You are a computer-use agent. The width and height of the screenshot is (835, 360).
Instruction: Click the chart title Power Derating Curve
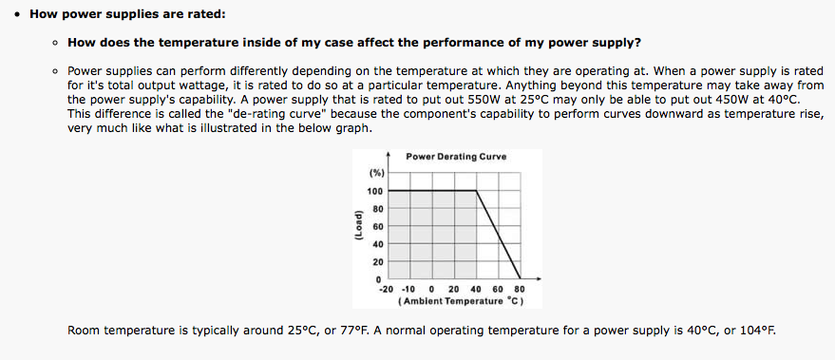(456, 157)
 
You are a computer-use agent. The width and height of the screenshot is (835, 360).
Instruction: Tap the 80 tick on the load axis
(378, 209)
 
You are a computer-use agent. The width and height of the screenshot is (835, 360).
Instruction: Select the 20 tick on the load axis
(378, 261)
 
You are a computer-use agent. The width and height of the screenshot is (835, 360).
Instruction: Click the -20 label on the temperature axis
(386, 289)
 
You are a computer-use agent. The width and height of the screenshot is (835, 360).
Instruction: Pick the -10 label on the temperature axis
(408, 289)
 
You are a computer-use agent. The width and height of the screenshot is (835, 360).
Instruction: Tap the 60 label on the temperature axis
(498, 289)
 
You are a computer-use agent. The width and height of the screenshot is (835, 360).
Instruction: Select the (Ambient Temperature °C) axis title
(461, 301)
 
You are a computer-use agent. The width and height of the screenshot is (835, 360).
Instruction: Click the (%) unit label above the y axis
(376, 173)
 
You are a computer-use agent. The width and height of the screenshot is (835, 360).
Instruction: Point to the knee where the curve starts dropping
(476, 190)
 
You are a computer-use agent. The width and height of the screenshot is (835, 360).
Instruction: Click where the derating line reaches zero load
(521, 278)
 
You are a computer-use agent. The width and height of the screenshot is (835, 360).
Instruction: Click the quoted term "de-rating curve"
(272, 114)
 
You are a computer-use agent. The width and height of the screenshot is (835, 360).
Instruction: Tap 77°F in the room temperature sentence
(353, 331)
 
